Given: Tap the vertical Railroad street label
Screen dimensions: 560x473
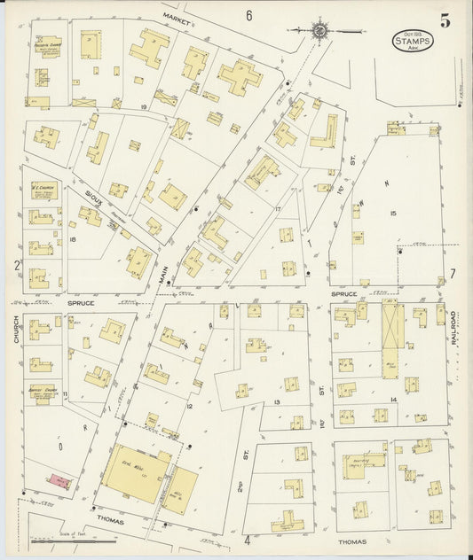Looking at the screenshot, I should coord(453,328).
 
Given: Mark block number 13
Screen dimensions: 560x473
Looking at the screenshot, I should coord(277,401).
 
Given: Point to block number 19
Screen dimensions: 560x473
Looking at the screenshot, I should coord(142,106).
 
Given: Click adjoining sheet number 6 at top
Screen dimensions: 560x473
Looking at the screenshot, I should coord(249,15).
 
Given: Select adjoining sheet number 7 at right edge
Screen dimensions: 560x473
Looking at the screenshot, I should coord(452,273).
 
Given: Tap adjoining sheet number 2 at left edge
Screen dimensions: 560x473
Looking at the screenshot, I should coord(16,264).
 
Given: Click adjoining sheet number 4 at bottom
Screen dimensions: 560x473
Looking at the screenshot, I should coord(247,538).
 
